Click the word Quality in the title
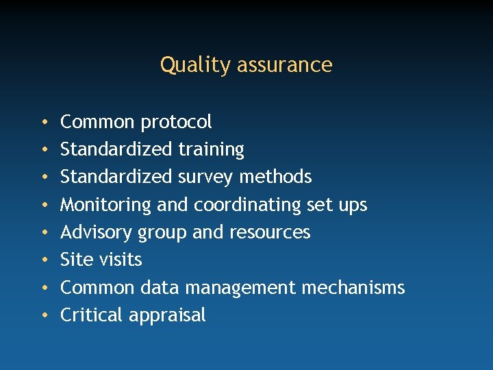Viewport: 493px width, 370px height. click(186, 65)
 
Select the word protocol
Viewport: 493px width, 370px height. click(176, 123)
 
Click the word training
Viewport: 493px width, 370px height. click(211, 150)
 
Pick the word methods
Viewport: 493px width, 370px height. click(275, 177)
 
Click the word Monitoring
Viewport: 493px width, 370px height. click(105, 205)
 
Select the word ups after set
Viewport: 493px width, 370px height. click(353, 206)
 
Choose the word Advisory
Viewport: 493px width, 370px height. click(97, 232)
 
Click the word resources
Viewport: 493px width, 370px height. click(270, 232)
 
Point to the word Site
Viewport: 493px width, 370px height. click(73, 260)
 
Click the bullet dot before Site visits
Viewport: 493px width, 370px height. click(43, 260)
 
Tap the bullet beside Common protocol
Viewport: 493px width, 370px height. click(43, 123)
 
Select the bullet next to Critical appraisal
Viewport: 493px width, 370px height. click(43, 316)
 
